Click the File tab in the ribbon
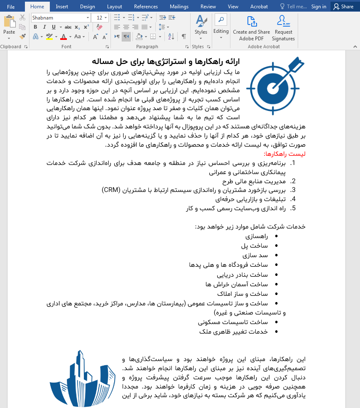point(11,7)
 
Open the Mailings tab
point(179,7)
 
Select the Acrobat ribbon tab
point(259,7)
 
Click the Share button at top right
point(343,7)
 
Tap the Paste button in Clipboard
point(9,26)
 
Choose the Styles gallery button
point(201,26)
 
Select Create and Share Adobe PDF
point(251,28)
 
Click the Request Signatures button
point(284,28)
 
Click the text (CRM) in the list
point(111,190)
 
